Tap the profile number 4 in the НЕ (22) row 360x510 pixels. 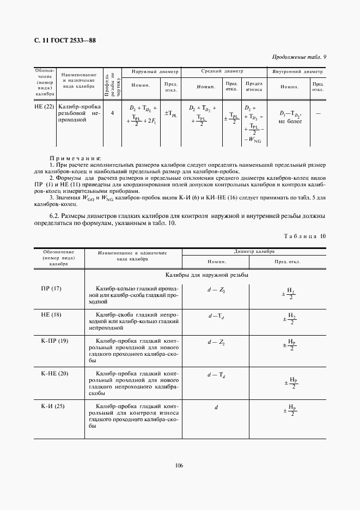coord(112,113)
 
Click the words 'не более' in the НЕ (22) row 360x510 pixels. coord(290,122)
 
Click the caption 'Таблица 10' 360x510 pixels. coord(305,236)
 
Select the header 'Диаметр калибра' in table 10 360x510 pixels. coord(254,252)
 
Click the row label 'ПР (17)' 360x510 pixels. coord(52,288)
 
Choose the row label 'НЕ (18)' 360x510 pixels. coord(52,315)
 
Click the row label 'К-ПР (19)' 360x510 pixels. coord(54,342)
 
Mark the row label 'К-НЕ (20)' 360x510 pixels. coord(54,373)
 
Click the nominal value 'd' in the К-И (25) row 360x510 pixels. coord(216,407)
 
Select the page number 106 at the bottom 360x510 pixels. coord(179,465)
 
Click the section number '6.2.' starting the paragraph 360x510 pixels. coord(54,216)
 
